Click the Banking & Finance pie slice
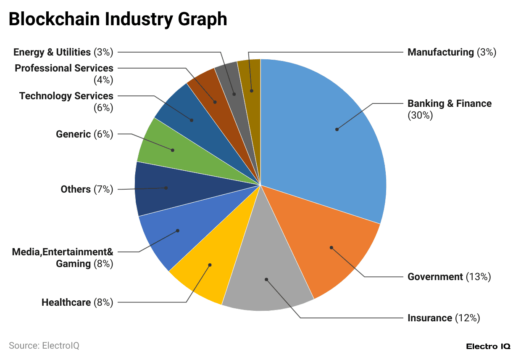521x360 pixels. [x=324, y=135]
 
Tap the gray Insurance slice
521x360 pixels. [x=269, y=273]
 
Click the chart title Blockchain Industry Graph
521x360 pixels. [x=118, y=19]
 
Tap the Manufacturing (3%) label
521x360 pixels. [x=452, y=52]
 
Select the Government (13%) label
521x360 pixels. [x=449, y=277]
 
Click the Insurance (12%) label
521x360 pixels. [x=444, y=318]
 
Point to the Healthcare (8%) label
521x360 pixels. [x=77, y=302]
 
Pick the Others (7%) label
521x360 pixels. [x=87, y=189]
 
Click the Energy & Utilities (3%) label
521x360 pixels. [x=63, y=52]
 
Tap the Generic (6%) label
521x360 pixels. [x=84, y=134]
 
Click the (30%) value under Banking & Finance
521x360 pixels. [x=420, y=115]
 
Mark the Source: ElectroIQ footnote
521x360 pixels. [x=44, y=346]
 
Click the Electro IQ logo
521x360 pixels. [x=488, y=347]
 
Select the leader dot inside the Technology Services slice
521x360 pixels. [x=192, y=120]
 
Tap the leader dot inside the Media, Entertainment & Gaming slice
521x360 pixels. [x=178, y=230]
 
